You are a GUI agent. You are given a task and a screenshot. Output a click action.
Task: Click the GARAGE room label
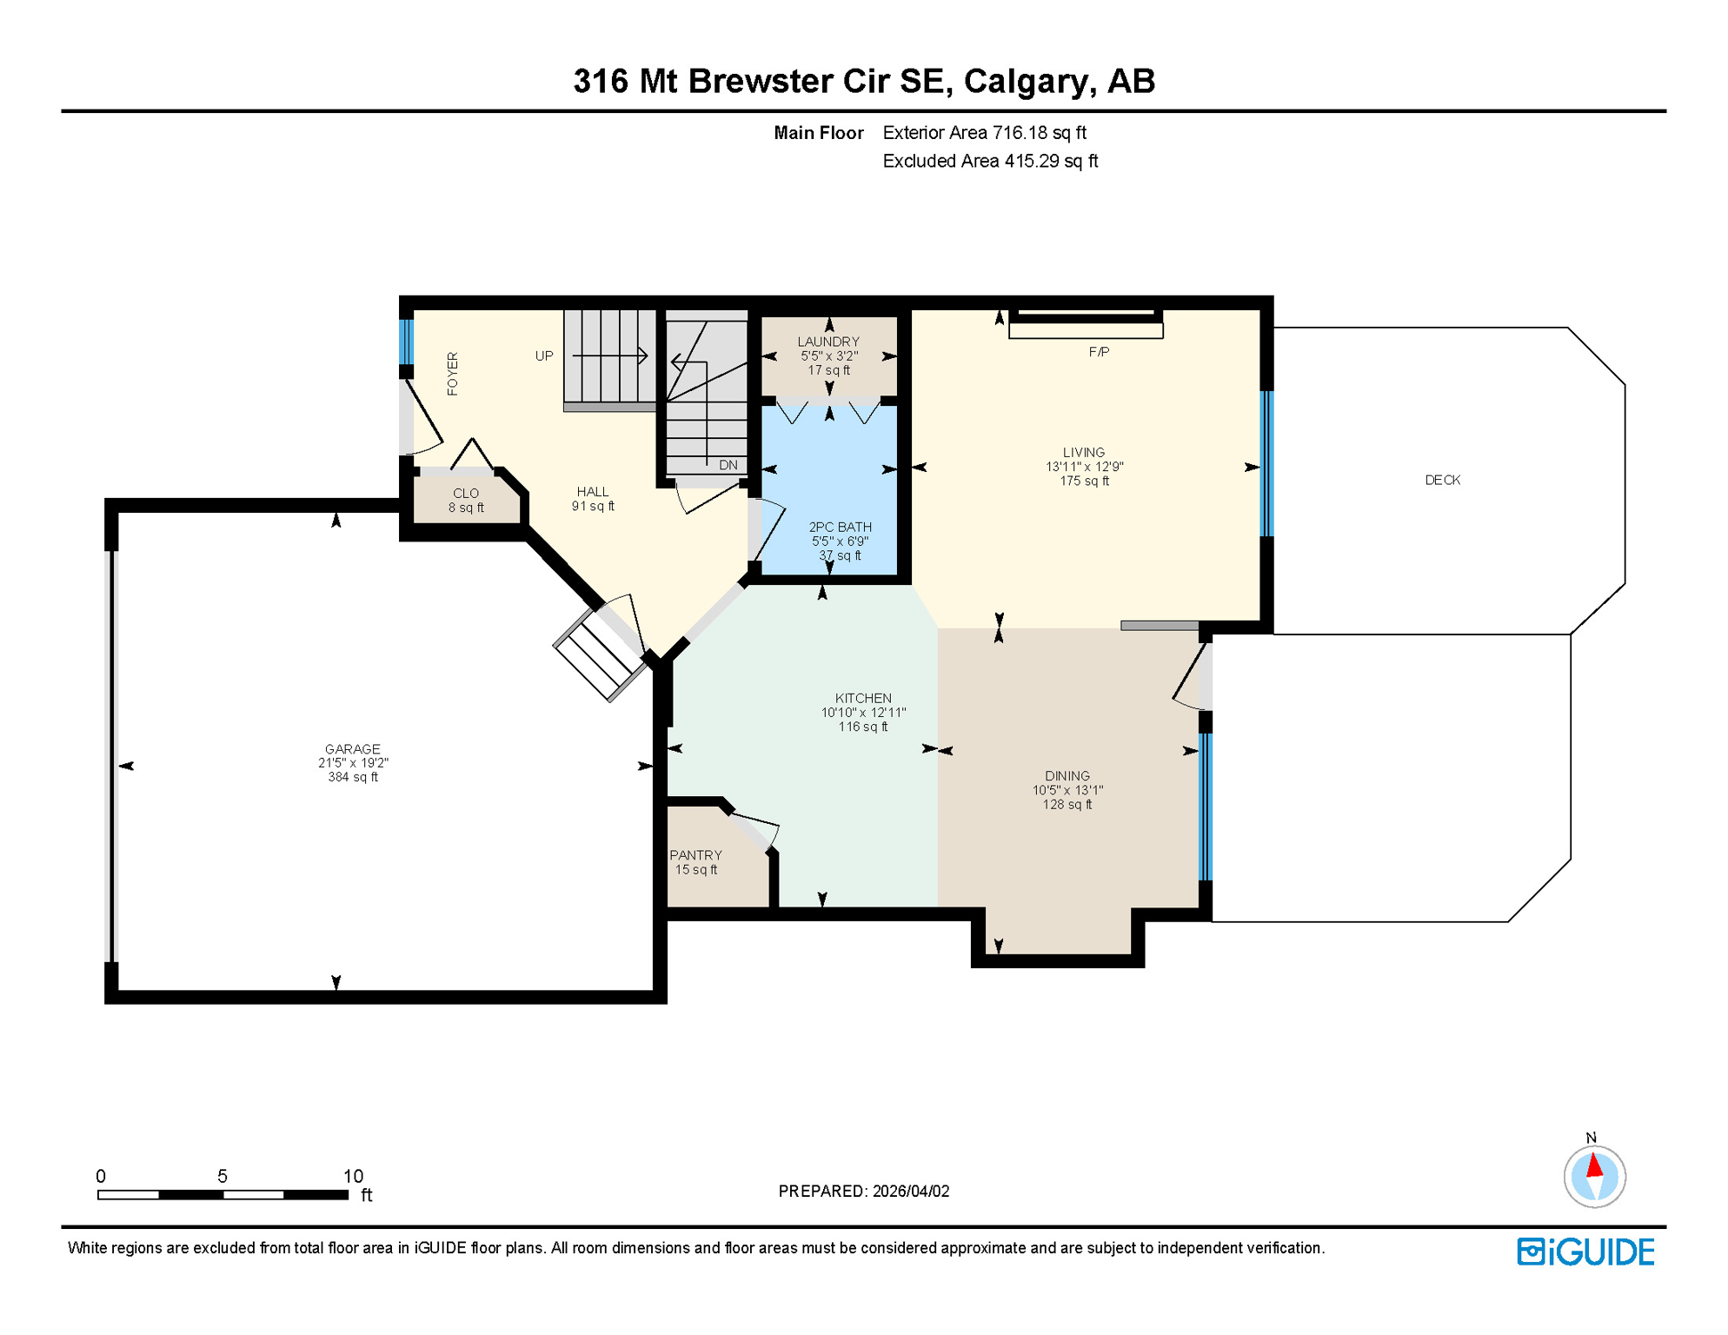(x=352, y=749)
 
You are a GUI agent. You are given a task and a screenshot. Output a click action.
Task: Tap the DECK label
(x=1442, y=480)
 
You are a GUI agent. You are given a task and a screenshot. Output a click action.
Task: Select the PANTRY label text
(x=695, y=855)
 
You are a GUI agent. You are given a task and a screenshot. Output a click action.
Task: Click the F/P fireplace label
(x=1099, y=352)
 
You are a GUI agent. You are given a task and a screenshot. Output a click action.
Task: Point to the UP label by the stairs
(x=544, y=355)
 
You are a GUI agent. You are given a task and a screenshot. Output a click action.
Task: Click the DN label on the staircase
(x=728, y=465)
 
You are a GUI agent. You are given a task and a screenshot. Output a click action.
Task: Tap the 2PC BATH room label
(x=840, y=527)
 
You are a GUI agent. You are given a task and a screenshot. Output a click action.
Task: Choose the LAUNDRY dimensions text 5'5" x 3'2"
(x=829, y=356)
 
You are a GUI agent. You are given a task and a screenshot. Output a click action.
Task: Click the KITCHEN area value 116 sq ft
(x=863, y=727)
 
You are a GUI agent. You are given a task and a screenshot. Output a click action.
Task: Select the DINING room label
(x=1067, y=776)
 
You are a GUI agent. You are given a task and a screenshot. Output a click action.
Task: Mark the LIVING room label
(x=1083, y=452)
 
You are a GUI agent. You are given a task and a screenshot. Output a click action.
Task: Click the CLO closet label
(x=466, y=493)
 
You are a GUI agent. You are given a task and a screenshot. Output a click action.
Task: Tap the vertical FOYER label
(x=453, y=374)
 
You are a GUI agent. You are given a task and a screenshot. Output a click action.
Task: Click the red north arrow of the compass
(x=1594, y=1166)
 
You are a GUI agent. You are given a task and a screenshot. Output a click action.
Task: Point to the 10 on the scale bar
(x=353, y=1176)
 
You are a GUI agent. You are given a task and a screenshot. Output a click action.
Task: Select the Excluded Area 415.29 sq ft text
(x=990, y=161)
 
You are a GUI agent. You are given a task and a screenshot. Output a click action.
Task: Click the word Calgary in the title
(x=1025, y=81)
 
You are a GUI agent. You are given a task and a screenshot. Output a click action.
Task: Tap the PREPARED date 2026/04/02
(x=911, y=1191)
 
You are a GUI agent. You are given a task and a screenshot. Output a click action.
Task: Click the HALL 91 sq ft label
(x=593, y=499)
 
